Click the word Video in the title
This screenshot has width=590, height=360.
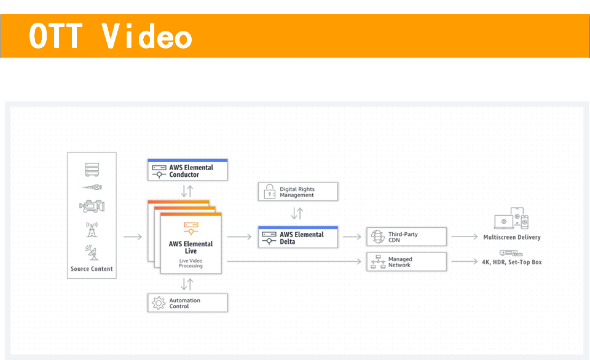pyautogui.click(x=147, y=36)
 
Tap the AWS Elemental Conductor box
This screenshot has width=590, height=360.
pyautogui.click(x=187, y=170)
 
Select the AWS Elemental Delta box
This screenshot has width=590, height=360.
pyautogui.click(x=298, y=237)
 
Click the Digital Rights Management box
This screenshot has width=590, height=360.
pyautogui.click(x=298, y=192)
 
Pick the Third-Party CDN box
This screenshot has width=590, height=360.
pyautogui.click(x=406, y=237)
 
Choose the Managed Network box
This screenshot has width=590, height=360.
pyautogui.click(x=406, y=262)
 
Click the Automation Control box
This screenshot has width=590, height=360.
pyautogui.click(x=187, y=303)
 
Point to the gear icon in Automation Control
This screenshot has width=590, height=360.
pyautogui.click(x=159, y=303)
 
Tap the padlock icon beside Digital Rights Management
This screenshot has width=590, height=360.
pyautogui.click(x=269, y=191)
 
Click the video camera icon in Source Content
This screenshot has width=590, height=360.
pyautogui.click(x=92, y=206)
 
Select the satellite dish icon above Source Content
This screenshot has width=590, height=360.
pyautogui.click(x=92, y=252)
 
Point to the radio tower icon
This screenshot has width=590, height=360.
pyautogui.click(x=92, y=230)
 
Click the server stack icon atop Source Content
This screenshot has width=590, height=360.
pyautogui.click(x=92, y=170)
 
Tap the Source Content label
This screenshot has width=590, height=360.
pyautogui.click(x=92, y=269)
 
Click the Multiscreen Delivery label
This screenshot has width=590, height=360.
pyautogui.click(x=512, y=237)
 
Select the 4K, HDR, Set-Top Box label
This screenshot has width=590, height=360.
pyautogui.click(x=512, y=262)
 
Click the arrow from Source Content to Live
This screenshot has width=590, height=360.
pyautogui.click(x=133, y=237)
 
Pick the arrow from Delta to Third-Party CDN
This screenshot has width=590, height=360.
pyautogui.click(x=352, y=237)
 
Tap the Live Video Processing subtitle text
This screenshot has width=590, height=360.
pyautogui.click(x=191, y=264)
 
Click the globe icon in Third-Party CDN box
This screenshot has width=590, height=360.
pyautogui.click(x=378, y=237)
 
